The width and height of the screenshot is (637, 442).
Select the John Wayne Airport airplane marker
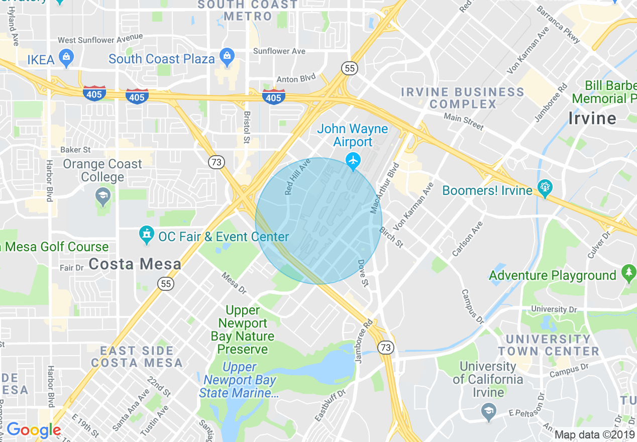click(x=354, y=161)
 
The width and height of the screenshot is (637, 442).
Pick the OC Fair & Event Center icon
click(x=147, y=235)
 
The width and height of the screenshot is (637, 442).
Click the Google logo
click(x=34, y=430)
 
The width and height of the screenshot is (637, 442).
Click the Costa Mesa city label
click(x=135, y=264)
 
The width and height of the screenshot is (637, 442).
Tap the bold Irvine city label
click(x=592, y=119)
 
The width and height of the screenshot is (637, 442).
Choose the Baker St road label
click(x=75, y=150)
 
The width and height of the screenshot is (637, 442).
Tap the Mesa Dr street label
click(x=234, y=283)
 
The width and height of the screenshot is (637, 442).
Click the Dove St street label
click(x=364, y=274)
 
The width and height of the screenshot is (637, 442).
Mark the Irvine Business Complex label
click(x=462, y=98)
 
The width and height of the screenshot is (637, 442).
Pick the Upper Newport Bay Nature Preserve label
click(x=243, y=329)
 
